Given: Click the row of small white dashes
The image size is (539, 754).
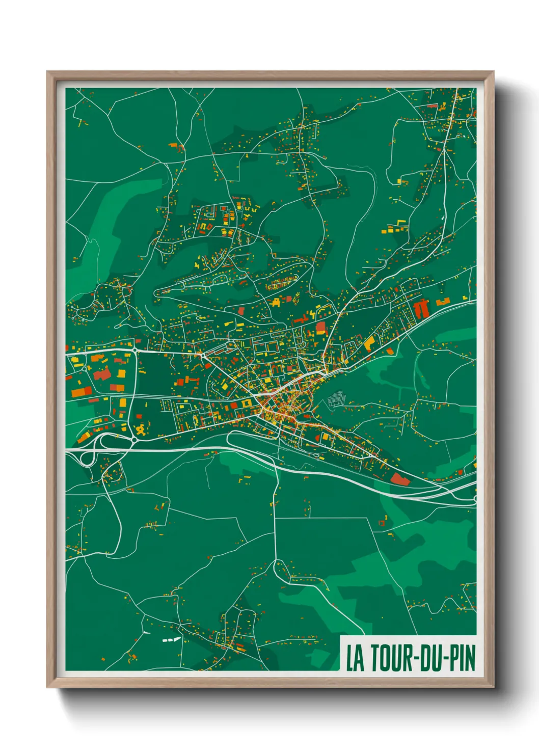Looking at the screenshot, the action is [171, 639].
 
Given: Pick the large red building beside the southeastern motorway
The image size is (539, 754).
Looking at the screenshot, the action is [400, 479].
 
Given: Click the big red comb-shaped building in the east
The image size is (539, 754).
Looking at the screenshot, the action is [422, 309].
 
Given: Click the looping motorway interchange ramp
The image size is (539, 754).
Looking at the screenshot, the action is [88, 457].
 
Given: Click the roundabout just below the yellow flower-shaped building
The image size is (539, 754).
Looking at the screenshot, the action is [133, 439].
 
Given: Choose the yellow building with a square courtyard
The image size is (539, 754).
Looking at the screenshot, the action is [247, 403].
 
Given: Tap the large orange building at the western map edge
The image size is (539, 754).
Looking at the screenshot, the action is [81, 392].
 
